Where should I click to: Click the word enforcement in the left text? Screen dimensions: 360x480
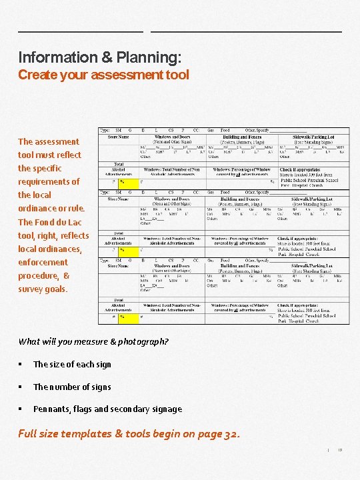pos(43,262)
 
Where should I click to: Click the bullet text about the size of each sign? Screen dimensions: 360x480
pos(72,365)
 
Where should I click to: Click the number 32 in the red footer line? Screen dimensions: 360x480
pos(230,434)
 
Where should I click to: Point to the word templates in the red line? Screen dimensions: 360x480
pos(87,434)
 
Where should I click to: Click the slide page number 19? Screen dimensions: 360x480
pos(339,451)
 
